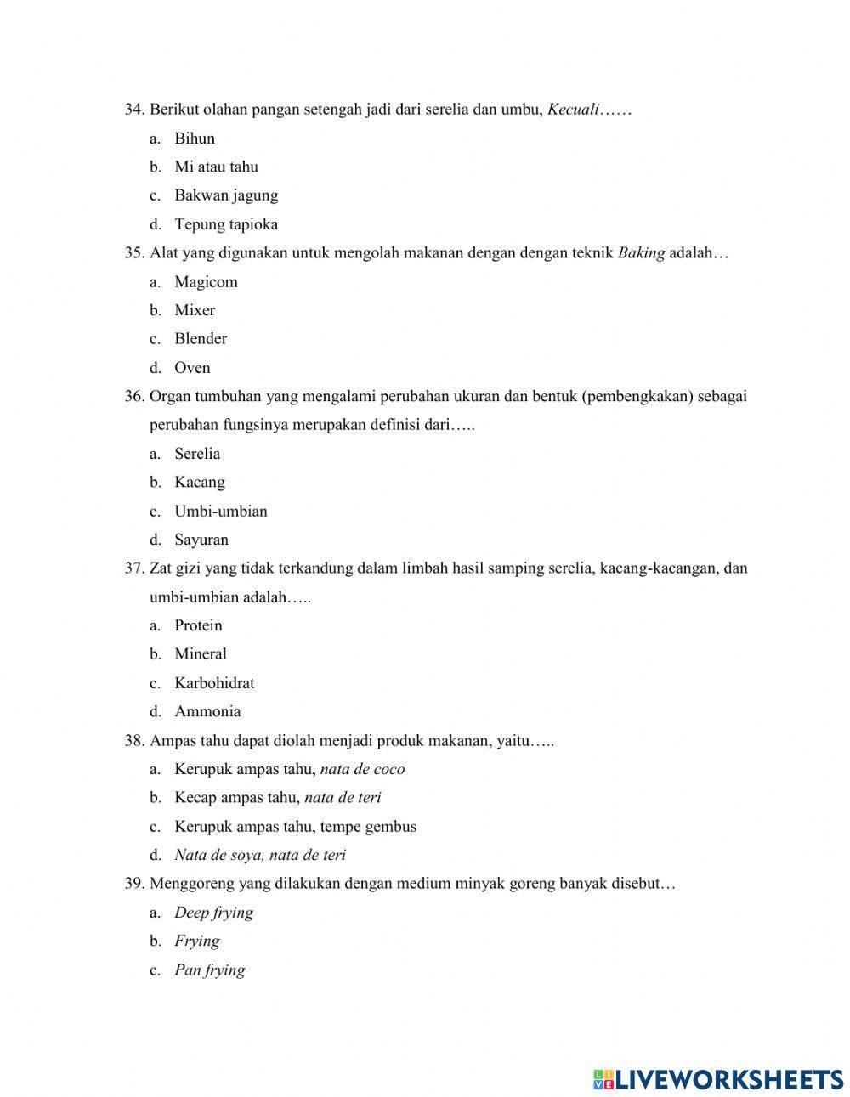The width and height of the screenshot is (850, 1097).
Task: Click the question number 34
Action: coord(134,110)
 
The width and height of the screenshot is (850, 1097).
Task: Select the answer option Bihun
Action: coord(195,139)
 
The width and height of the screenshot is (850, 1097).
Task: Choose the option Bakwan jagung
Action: coord(226,195)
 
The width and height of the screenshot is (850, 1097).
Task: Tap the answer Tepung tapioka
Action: coord(226,224)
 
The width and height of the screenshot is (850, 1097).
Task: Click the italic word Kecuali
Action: coord(574,110)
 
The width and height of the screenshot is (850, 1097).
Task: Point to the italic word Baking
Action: coord(641,253)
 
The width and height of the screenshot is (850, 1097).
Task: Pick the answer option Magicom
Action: coord(206,282)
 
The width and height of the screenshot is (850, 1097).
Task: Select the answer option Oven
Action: coord(192,368)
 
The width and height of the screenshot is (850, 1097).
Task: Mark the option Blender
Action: coord(201,339)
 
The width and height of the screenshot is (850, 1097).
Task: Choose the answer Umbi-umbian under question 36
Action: coord(221,512)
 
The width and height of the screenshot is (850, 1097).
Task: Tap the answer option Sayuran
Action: coord(201,540)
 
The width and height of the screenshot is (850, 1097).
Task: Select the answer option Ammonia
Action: coord(207,712)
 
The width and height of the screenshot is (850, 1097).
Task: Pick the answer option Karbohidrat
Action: coord(214,683)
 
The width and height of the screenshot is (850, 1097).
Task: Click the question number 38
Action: coord(134,741)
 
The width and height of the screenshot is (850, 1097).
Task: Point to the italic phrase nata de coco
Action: coord(362,770)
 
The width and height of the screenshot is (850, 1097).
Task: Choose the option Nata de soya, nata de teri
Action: coord(260,856)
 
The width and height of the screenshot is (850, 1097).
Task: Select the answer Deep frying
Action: coord(213,913)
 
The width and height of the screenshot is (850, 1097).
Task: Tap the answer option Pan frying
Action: coord(210,970)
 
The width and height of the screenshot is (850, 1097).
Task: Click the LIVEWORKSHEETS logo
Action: coord(718,1079)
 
